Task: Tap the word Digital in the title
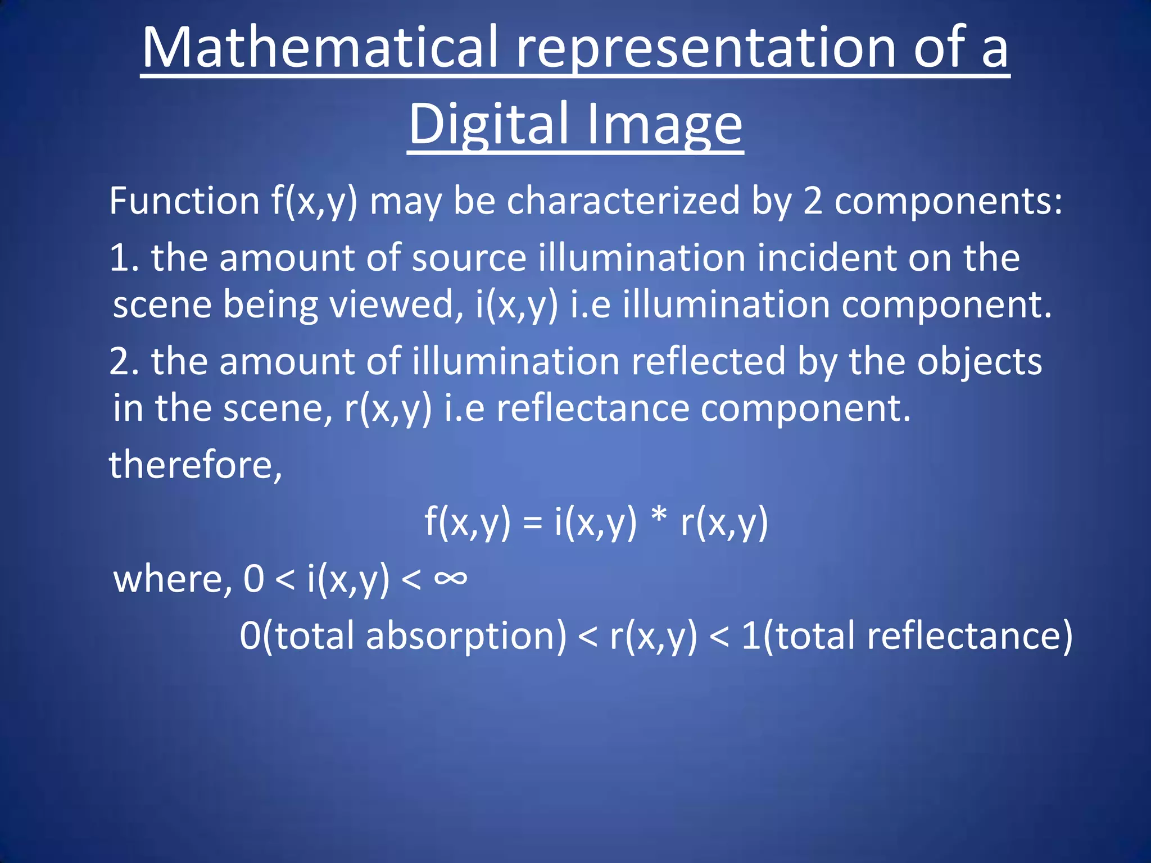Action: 488,124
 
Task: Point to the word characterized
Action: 623,201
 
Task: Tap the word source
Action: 469,258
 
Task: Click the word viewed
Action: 395,305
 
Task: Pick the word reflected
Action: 708,361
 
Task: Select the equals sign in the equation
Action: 532,523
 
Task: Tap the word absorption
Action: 466,636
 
